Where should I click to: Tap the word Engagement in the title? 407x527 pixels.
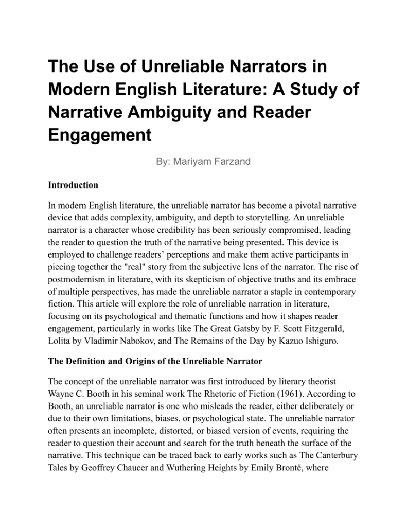100,135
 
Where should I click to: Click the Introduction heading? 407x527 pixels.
73,185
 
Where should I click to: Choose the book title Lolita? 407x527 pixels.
60,342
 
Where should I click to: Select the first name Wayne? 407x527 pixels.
61,393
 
